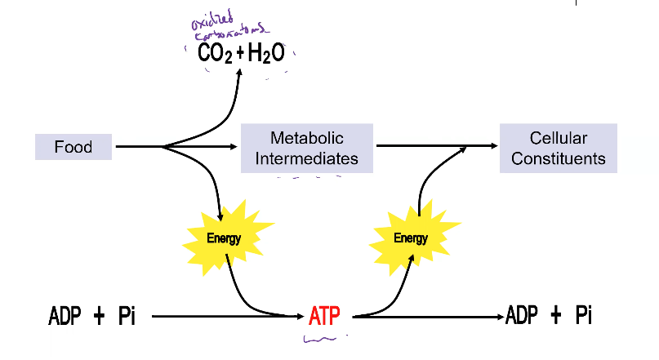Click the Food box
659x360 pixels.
coord(73,147)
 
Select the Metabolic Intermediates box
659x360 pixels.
coord(306,148)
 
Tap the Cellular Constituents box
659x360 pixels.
coord(559,148)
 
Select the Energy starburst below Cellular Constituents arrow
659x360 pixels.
coord(410,238)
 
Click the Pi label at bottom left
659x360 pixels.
coord(126,316)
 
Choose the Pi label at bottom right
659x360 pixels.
coord(583,316)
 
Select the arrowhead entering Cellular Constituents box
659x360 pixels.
coord(494,148)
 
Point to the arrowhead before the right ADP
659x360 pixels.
coord(499,316)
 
